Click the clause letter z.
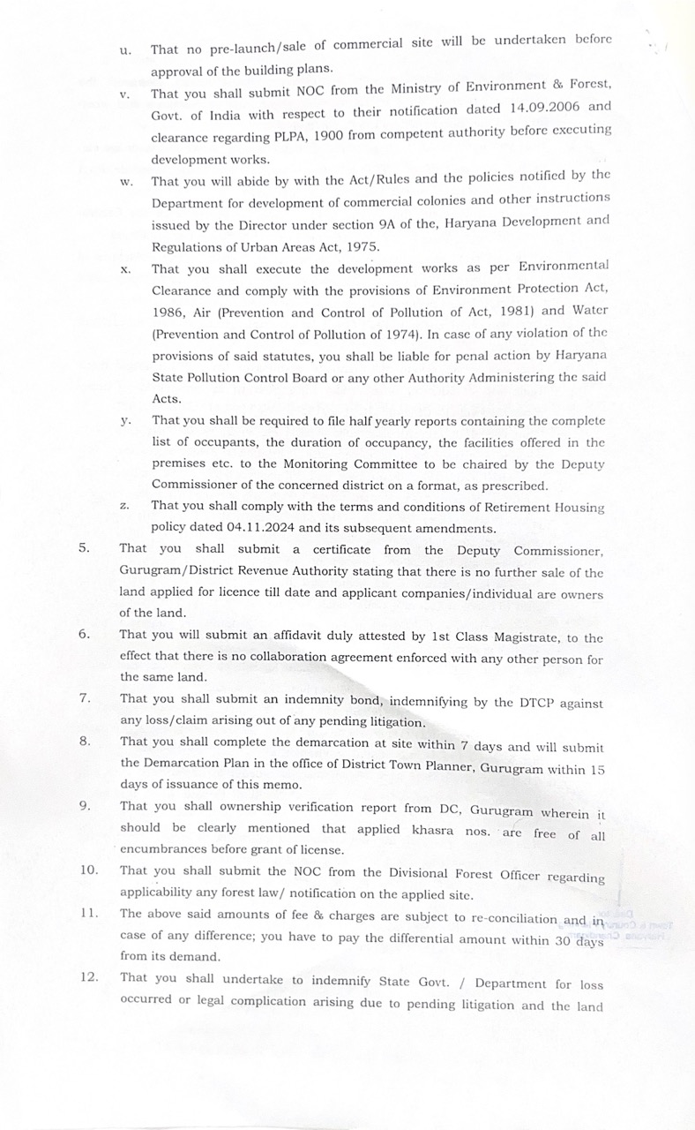[124, 507]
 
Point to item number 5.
[84, 547]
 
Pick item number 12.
[88, 976]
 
